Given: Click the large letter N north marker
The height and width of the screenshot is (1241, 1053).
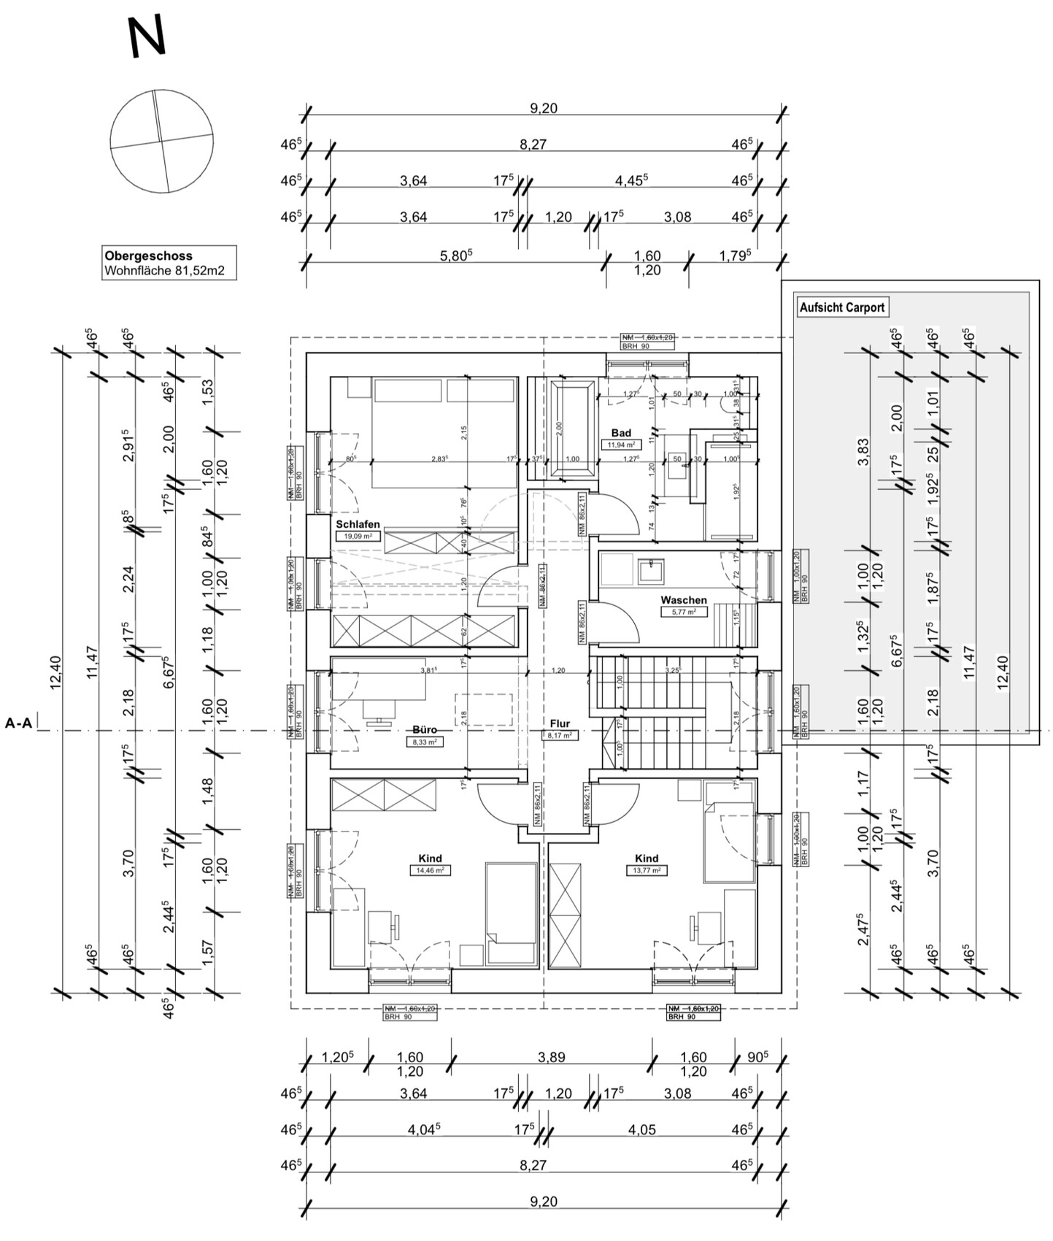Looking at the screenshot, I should [147, 37].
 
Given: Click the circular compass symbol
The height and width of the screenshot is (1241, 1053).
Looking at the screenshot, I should [161, 141].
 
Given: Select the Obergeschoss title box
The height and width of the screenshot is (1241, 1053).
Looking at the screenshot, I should [169, 263].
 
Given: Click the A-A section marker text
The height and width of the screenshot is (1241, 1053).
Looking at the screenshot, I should [18, 723].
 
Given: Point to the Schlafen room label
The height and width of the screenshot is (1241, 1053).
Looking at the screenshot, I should [358, 524].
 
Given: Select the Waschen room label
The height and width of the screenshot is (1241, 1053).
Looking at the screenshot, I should [683, 600].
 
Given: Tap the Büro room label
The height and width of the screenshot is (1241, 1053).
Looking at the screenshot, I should [425, 729].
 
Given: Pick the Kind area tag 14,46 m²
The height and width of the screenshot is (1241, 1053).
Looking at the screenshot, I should [430, 870].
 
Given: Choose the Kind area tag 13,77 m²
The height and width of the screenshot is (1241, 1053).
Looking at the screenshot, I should [646, 870].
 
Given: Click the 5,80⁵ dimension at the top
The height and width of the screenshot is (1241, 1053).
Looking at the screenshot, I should [456, 255].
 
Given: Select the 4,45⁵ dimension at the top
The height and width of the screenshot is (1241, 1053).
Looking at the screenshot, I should [631, 180].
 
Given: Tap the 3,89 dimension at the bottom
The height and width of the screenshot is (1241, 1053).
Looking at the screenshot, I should [551, 1057].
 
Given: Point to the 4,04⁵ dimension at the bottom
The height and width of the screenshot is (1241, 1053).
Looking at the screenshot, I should [423, 1130].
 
